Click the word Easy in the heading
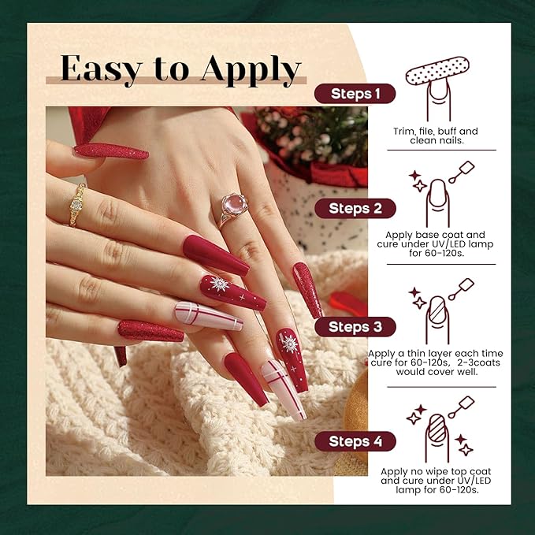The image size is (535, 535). [x=99, y=69]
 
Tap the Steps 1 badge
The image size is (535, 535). [x=355, y=94]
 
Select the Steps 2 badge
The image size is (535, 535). [x=355, y=209]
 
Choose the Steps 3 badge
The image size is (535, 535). [x=355, y=326]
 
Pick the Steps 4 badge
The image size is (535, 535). [x=355, y=441]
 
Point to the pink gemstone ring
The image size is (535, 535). [x=233, y=206]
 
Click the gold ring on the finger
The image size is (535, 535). [x=78, y=203]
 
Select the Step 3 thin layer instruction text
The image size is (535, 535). [x=445, y=362]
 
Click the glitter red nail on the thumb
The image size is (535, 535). [x=110, y=151]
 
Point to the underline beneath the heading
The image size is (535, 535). [x=173, y=83]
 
